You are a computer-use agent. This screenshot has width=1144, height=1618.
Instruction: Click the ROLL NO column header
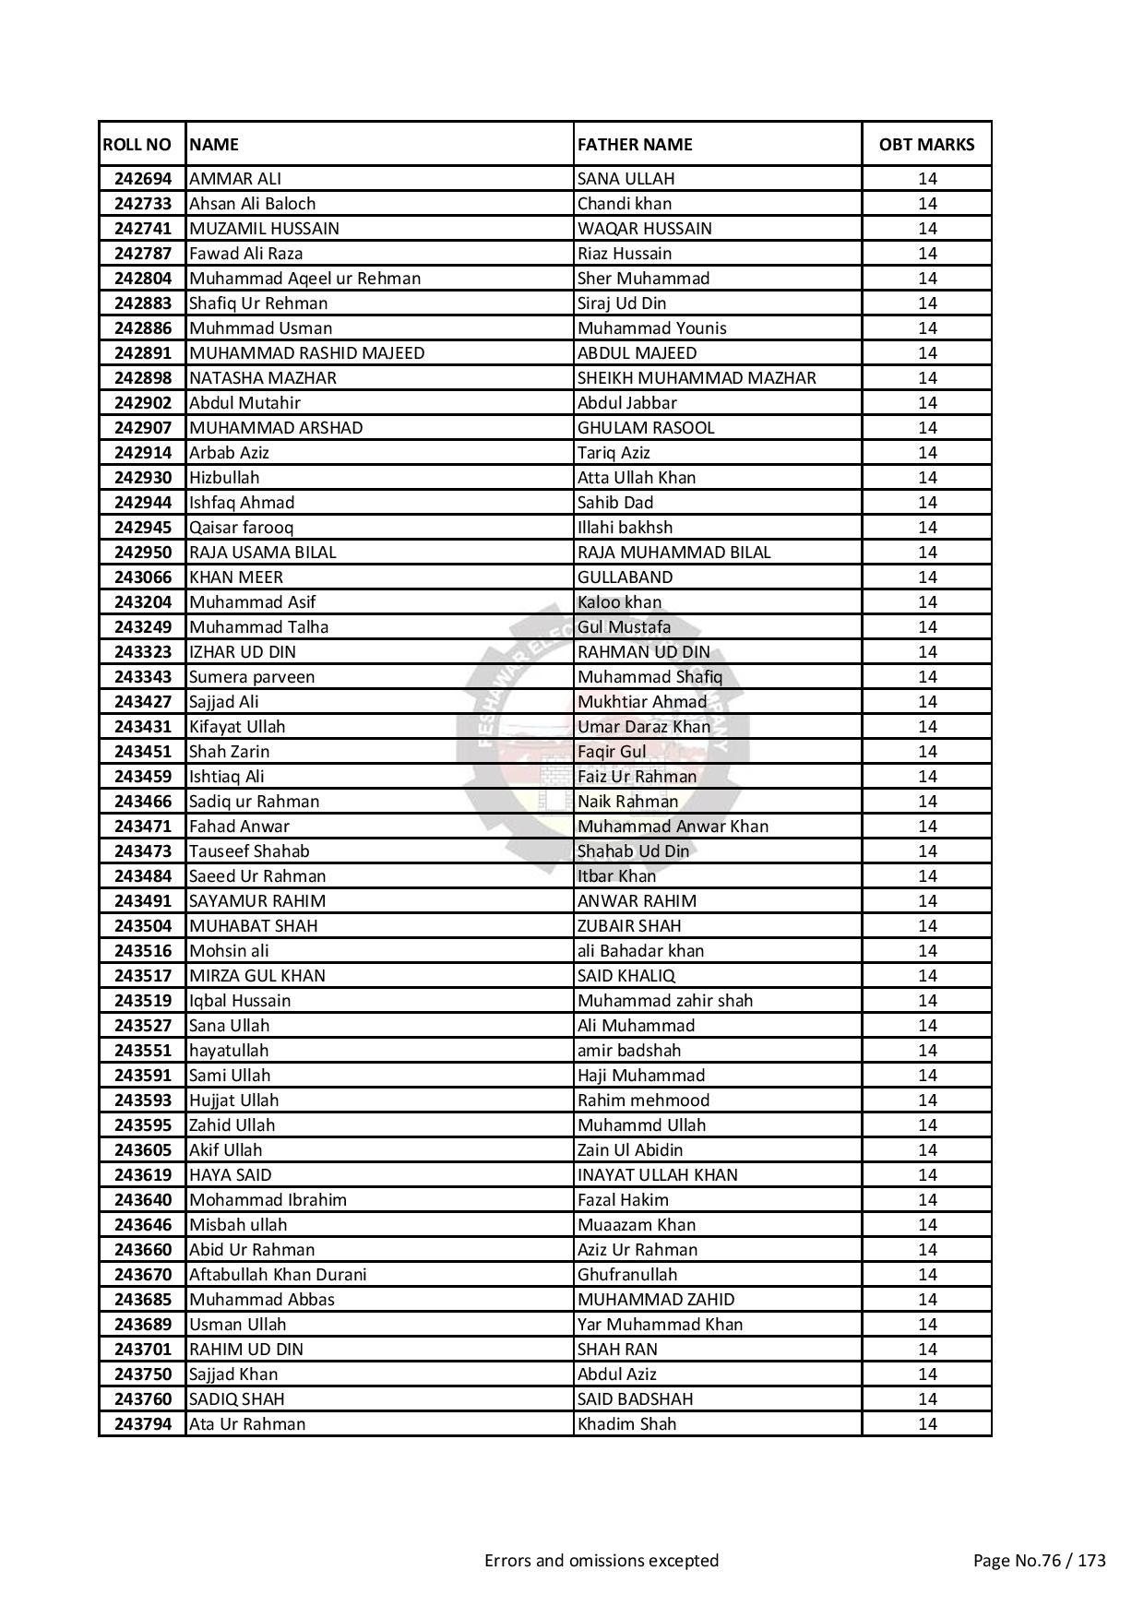click(x=137, y=145)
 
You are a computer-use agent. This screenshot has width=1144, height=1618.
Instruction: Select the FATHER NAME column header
click(x=635, y=145)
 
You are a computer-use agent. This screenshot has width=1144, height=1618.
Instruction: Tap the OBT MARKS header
click(x=926, y=145)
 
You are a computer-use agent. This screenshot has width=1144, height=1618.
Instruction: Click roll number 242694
click(x=143, y=179)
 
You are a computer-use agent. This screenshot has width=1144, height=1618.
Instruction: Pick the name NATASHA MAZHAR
click(x=263, y=378)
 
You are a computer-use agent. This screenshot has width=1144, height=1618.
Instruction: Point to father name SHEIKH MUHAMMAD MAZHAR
click(x=697, y=378)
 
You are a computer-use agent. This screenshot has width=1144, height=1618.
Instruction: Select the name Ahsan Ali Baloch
click(x=252, y=204)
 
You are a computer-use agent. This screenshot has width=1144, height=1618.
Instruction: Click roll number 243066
click(x=143, y=577)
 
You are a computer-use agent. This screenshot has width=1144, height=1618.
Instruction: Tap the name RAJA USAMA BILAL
click(x=263, y=553)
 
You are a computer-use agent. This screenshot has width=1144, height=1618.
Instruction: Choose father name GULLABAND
click(x=626, y=577)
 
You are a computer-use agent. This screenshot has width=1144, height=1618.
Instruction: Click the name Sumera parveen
click(x=252, y=677)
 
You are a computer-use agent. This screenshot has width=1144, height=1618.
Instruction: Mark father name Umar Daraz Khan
click(x=644, y=727)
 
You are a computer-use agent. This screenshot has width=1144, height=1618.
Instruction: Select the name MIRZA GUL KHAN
click(x=257, y=976)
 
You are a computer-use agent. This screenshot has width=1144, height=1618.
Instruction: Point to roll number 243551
click(x=143, y=1051)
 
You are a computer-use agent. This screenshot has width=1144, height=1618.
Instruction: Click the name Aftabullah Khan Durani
click(x=278, y=1275)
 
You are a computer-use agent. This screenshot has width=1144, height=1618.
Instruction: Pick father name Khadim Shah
click(x=627, y=1424)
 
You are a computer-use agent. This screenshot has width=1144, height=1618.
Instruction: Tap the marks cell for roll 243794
click(x=927, y=1424)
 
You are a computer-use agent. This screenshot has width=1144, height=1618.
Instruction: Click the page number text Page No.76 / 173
click(x=1040, y=1561)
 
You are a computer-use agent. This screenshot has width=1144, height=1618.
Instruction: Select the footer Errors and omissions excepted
click(x=602, y=1561)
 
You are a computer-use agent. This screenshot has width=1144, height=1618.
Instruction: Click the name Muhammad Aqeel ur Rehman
click(x=304, y=279)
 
